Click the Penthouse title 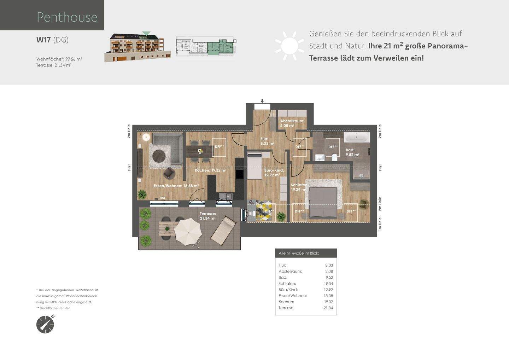pyautogui.click(x=67, y=17)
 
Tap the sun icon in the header pyautogui.click(x=290, y=45)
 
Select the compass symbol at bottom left pyautogui.click(x=45, y=324)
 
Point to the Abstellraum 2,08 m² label pyautogui.click(x=292, y=123)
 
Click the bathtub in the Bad pyautogui.click(x=357, y=137)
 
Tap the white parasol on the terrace pyautogui.click(x=188, y=232)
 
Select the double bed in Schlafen pyautogui.click(x=323, y=202)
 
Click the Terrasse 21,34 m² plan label pyautogui.click(x=207, y=216)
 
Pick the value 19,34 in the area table pyautogui.click(x=328, y=284)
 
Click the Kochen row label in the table pyautogui.click(x=286, y=302)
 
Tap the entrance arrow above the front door pyautogui.click(x=262, y=101)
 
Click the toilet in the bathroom pyautogui.click(x=334, y=157)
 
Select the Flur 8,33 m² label pyautogui.click(x=267, y=141)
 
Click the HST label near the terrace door pyautogui.click(x=162, y=198)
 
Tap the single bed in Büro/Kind pyautogui.click(x=254, y=166)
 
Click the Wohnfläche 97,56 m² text pyautogui.click(x=59, y=59)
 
